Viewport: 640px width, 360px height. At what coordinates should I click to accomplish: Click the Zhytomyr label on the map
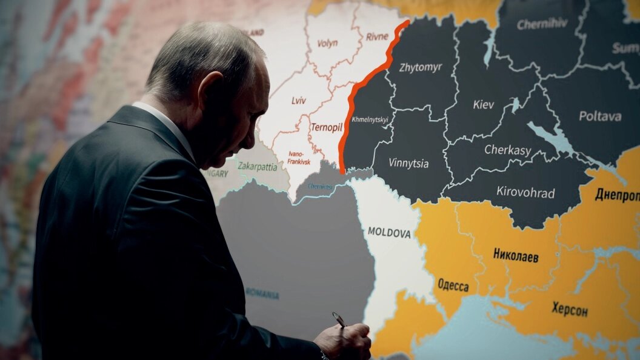421,67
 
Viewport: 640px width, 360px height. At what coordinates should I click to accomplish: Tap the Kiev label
483,105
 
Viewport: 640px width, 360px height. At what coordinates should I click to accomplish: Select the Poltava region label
599,116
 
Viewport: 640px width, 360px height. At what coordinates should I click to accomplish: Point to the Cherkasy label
508,150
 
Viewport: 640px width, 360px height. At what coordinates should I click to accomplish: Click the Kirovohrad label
525,193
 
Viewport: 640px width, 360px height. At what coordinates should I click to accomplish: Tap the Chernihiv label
542,24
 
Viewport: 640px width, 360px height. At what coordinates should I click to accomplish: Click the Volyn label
327,43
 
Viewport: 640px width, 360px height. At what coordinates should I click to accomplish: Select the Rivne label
377,36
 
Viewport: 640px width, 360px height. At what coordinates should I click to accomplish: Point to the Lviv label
299,101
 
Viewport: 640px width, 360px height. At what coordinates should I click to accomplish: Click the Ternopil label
327,127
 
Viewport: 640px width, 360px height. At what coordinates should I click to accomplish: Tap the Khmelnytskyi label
370,119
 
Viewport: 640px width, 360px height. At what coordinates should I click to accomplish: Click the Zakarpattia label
258,165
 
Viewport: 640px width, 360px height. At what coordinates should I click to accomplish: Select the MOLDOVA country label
389,233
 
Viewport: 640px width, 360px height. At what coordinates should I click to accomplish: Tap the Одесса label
453,285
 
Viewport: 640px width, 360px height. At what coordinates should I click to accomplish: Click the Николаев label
516,255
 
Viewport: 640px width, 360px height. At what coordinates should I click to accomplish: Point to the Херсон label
569,309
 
